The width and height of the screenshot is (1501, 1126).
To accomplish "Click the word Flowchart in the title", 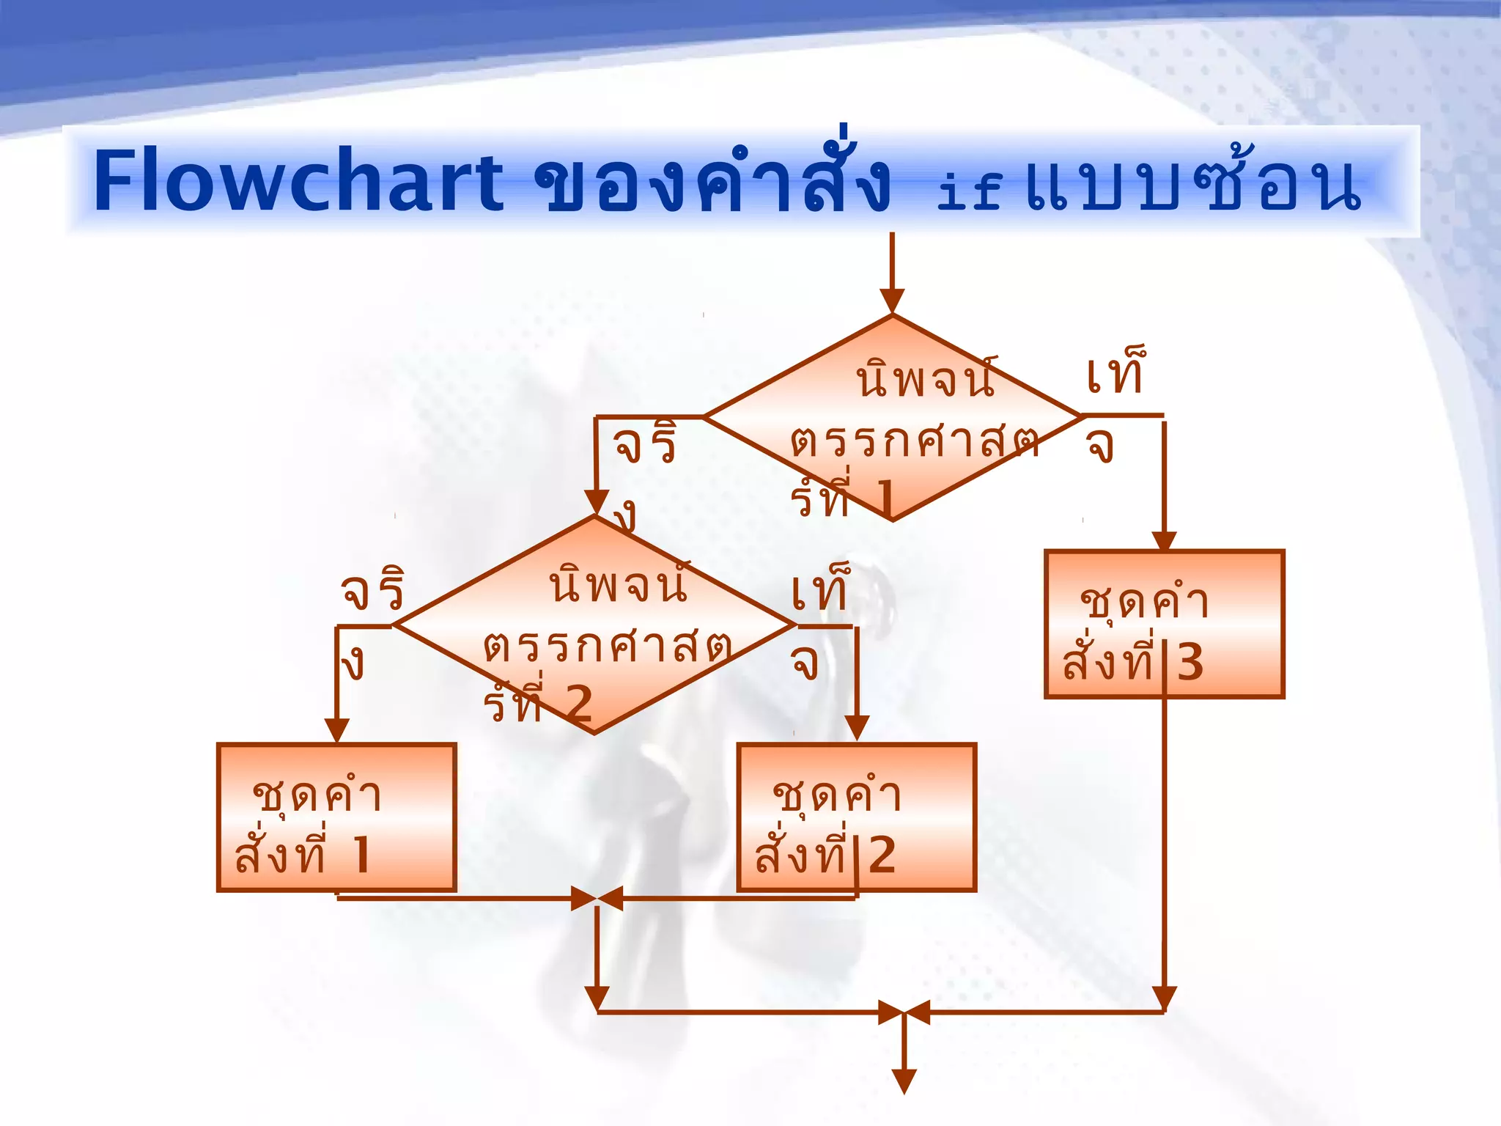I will [299, 181].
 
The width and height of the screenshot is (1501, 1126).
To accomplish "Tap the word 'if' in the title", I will [969, 192].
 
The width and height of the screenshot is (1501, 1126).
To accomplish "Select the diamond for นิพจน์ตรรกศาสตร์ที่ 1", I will [892, 418].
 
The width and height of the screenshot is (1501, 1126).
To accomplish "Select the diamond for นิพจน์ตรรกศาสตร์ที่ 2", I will [594, 625].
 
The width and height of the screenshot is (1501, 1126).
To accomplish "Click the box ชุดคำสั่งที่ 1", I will [336, 817].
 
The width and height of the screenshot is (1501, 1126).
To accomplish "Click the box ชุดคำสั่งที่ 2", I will [856, 817].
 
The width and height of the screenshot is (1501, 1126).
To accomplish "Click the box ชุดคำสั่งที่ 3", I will [1164, 624].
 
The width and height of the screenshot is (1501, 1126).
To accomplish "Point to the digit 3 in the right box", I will [1190, 663].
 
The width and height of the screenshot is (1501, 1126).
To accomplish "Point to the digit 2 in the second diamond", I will [579, 705].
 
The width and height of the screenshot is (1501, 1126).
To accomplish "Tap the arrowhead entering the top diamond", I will [892, 301].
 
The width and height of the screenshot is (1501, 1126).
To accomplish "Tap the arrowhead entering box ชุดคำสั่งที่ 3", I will [1164, 541].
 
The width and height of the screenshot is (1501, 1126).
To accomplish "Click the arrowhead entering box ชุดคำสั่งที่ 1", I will [336, 731].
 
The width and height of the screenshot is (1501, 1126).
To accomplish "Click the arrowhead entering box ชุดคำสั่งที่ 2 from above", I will [857, 728].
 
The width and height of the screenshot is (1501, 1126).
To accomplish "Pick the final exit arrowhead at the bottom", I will [904, 1081].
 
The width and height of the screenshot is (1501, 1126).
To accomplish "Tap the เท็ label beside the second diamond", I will [820, 590].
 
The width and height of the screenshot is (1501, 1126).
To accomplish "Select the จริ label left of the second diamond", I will [372, 590].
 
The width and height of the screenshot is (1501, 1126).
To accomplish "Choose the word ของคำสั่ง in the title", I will [712, 181].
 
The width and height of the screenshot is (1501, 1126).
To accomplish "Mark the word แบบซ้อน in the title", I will [1193, 183].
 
